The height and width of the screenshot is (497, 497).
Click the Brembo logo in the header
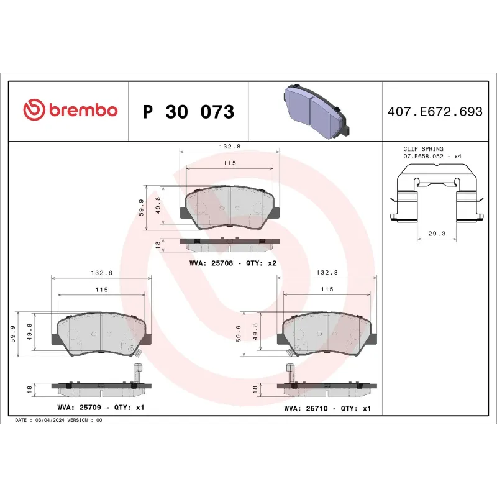(x=70, y=111)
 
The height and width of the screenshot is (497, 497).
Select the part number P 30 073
(x=188, y=112)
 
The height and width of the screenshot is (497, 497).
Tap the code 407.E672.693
(x=435, y=112)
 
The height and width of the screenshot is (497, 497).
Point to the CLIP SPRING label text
(x=423, y=149)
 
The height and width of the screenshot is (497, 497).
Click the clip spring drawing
(x=435, y=198)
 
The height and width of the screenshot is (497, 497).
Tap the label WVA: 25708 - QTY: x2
(x=232, y=263)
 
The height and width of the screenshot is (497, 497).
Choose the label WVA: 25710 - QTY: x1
(x=327, y=408)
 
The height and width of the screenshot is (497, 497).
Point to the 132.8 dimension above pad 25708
(x=230, y=147)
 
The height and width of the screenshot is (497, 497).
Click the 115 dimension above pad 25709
(x=101, y=290)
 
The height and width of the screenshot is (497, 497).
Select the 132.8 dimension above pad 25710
(x=327, y=272)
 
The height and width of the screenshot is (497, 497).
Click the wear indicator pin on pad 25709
(x=138, y=373)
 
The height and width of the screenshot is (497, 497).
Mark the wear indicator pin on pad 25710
(x=290, y=373)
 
